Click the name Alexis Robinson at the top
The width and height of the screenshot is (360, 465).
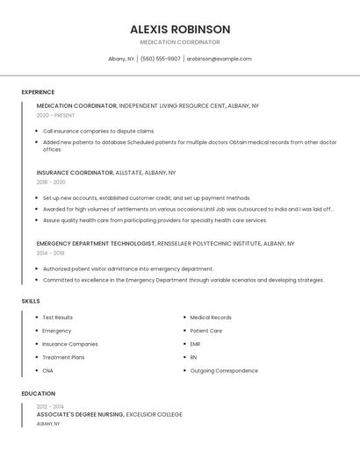coord(180,29)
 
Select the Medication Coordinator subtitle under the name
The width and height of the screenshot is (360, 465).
coord(180,42)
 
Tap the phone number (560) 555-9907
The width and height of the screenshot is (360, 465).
coord(161,59)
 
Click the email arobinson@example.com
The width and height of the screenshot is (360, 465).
coord(219,59)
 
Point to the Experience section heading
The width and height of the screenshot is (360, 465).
coord(38,92)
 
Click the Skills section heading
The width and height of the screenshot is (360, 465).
coord(31,301)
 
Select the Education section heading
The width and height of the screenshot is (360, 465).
coord(38,394)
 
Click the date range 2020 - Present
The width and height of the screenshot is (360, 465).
coord(55,115)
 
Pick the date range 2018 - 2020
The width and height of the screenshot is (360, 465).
coord(51,182)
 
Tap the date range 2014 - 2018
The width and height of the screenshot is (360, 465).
coord(51,253)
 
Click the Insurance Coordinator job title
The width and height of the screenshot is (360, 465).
coord(75,173)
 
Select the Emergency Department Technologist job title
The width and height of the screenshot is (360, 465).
coord(96,243)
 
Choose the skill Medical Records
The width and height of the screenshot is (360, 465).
coord(211,318)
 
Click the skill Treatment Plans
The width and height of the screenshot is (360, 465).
coord(63,357)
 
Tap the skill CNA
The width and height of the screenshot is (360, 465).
coord(48,370)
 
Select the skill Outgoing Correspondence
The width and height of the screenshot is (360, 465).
coord(224,370)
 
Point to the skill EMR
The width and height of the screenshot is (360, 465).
coord(195,344)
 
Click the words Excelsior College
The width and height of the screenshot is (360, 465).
coord(155,414)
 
